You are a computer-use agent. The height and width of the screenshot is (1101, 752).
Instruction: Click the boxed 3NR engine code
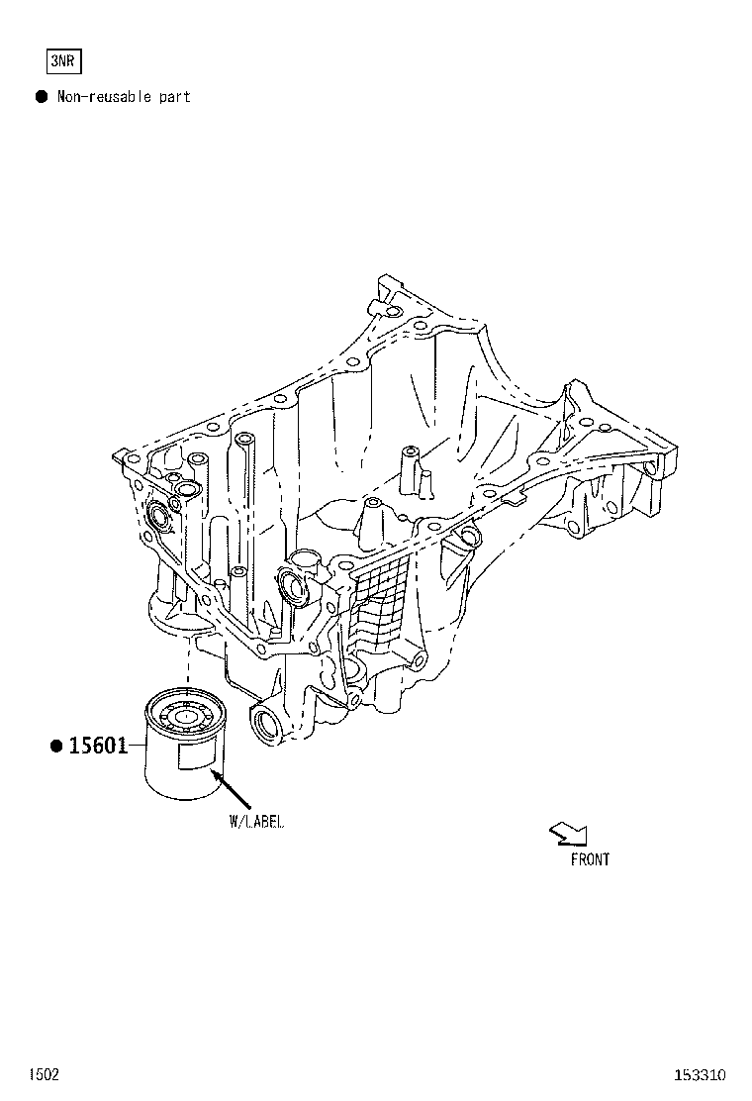click(x=64, y=61)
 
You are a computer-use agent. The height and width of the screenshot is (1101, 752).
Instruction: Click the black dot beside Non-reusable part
click(x=43, y=96)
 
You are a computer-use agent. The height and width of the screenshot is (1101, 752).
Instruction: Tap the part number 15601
click(x=98, y=745)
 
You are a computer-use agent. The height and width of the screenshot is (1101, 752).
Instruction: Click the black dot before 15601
click(x=56, y=745)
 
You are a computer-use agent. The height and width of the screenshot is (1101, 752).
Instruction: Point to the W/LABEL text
click(x=256, y=822)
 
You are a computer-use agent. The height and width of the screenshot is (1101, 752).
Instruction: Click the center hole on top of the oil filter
click(x=186, y=718)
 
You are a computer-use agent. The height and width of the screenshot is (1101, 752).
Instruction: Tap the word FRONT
click(x=590, y=859)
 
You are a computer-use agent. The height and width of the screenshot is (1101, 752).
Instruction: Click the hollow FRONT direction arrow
click(x=568, y=834)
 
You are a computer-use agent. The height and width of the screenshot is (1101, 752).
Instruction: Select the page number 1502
click(x=44, y=1074)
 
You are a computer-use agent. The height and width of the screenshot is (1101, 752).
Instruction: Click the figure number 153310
click(x=701, y=1074)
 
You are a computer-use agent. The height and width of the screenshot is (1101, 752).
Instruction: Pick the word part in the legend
click(x=175, y=97)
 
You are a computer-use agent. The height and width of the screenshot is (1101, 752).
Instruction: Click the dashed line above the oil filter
click(x=188, y=659)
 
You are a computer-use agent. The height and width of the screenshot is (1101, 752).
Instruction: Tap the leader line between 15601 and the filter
click(x=138, y=745)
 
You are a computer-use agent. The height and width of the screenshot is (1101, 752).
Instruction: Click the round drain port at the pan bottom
click(x=265, y=723)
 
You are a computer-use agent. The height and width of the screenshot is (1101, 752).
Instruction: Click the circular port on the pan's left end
click(x=159, y=521)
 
